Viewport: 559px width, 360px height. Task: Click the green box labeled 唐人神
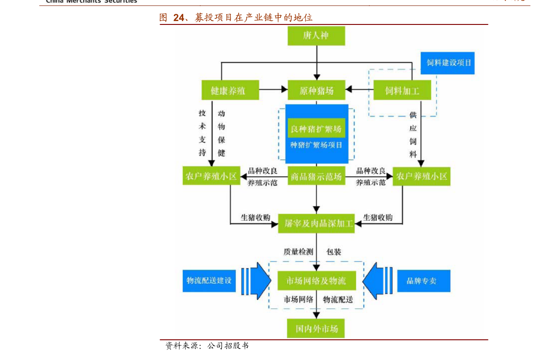click(x=316, y=36)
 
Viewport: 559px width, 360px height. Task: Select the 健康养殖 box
click(x=230, y=90)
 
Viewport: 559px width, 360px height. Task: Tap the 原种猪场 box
click(x=316, y=90)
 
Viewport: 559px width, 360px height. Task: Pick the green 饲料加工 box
click(x=402, y=90)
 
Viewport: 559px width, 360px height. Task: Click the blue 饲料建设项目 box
click(x=447, y=63)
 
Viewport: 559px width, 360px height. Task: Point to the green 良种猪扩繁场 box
click(x=316, y=128)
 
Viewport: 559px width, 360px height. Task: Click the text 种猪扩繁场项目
click(x=316, y=145)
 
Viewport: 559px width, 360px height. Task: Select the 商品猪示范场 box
click(x=316, y=177)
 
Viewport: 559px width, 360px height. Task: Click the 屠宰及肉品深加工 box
click(x=316, y=224)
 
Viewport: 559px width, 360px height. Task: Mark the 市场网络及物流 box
click(x=316, y=281)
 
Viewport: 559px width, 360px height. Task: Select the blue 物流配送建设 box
click(x=209, y=281)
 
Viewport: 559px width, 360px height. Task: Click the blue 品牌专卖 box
click(x=423, y=281)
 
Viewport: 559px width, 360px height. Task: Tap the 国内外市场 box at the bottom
click(x=316, y=328)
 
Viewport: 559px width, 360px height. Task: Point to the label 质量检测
click(x=298, y=252)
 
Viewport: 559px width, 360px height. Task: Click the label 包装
click(x=334, y=252)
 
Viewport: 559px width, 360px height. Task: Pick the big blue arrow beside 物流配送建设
click(x=256, y=281)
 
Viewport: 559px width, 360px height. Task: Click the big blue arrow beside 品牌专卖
click(x=379, y=281)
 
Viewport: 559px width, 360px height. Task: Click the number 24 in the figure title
click(x=179, y=18)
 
